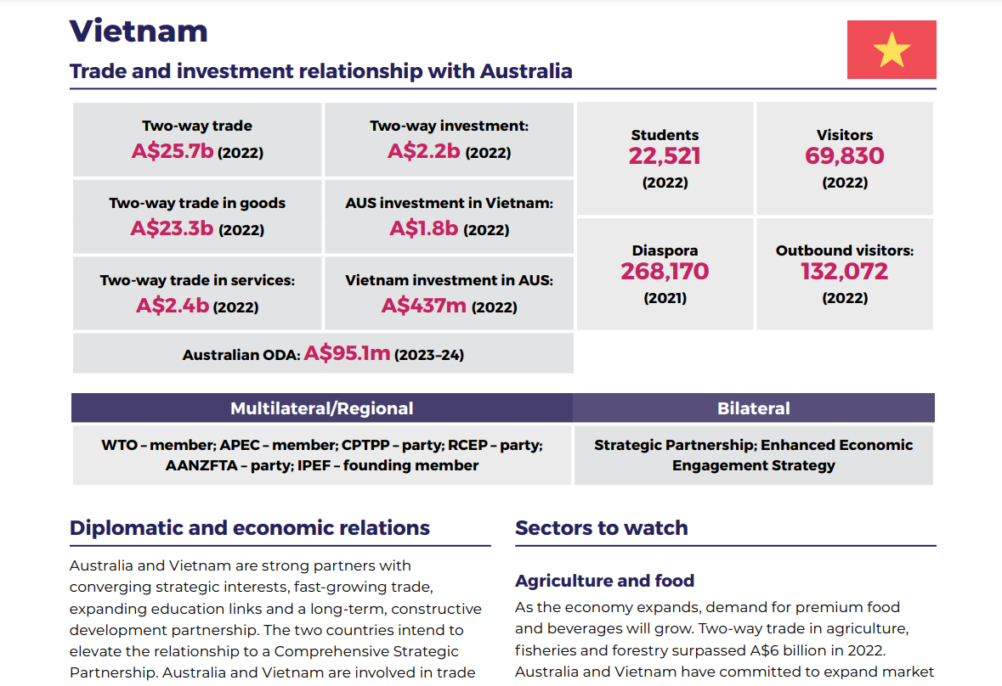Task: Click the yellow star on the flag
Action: pos(892,50)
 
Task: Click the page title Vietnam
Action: pos(139,31)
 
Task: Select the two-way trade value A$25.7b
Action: pos(173,152)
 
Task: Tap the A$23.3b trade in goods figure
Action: pos(172,228)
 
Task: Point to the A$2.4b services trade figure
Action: pos(172,305)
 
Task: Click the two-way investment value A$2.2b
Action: pos(423,151)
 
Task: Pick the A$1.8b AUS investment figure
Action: pos(423,228)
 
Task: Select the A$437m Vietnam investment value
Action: pos(423,305)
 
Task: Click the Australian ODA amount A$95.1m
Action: pos(347,353)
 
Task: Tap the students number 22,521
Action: pos(665,156)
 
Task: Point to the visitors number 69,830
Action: pos(844,156)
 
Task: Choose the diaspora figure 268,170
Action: pos(665,272)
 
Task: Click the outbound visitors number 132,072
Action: pos(844,272)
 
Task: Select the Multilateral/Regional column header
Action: pos(321,408)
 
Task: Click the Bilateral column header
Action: pos(753,408)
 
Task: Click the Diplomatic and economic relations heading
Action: pos(249,528)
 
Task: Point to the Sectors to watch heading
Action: pos(601,528)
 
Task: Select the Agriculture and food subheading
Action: pos(604,581)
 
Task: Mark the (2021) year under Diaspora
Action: pos(665,298)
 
